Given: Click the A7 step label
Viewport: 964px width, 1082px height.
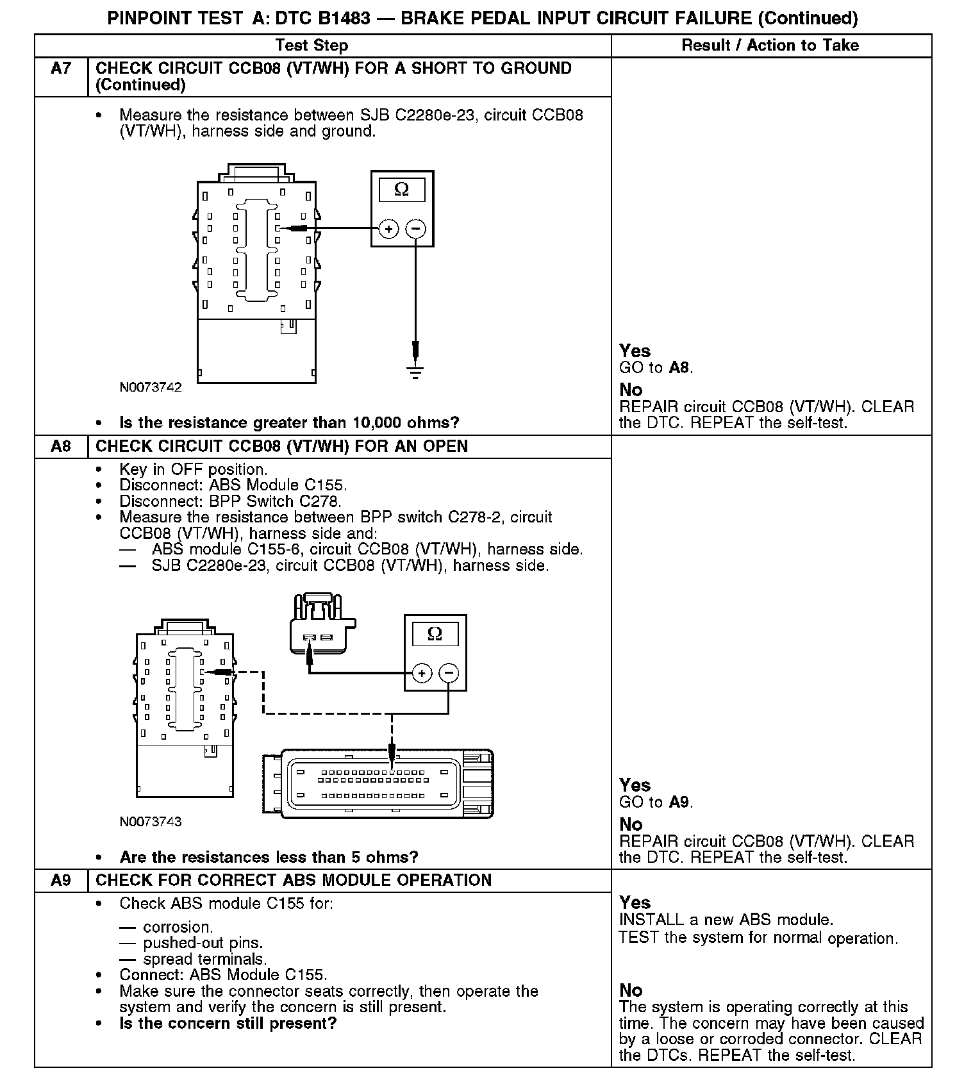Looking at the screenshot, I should pos(61,69).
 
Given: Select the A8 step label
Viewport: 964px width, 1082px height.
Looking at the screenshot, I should pos(61,446).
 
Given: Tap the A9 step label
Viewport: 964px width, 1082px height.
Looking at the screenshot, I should pos(61,880).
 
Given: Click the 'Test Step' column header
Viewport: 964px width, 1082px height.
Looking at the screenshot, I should pos(312,46).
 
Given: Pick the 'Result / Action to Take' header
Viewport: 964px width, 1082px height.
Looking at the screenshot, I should pos(770,46).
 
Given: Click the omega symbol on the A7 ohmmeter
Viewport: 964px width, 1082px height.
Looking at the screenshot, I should pos(402,190).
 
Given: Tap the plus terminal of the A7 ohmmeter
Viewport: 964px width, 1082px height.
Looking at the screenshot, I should pos(389,229).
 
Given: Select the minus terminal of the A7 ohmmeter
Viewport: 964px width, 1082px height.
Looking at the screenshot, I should pos(416,229).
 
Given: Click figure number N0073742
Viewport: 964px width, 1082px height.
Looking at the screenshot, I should pos(151,387).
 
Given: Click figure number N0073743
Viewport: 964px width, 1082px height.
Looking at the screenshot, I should pos(151,822).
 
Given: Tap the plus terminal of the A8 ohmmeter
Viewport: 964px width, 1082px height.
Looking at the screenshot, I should pos(422,673).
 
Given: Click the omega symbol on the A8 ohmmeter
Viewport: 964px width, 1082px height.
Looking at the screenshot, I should pos(435,634).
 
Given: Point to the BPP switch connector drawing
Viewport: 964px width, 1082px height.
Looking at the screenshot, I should pos(320,625).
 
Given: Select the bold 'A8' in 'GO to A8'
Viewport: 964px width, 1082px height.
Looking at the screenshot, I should pos(679,368).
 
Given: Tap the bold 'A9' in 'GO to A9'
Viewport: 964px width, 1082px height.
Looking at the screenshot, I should pos(679,803).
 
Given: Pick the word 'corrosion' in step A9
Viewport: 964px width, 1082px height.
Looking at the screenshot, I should pos(177,928).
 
